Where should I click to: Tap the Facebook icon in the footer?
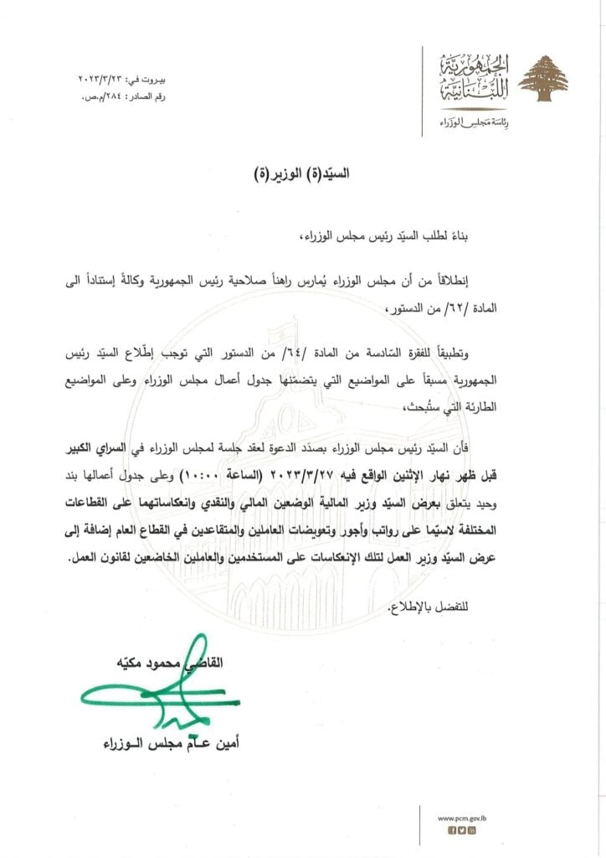coord(451,830)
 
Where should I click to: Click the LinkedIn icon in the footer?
coord(472,830)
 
